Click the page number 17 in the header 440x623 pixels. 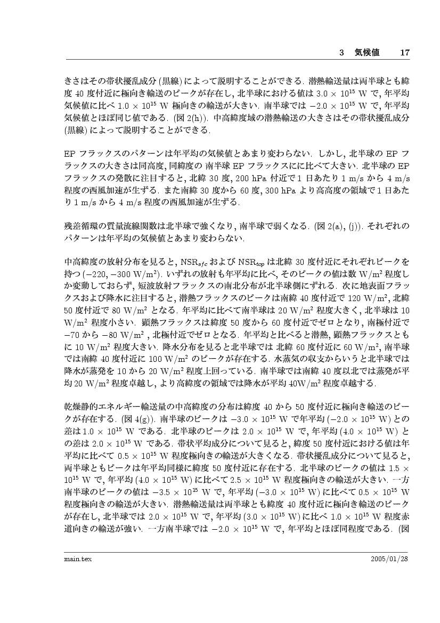(404, 53)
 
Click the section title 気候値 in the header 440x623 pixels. (367, 53)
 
